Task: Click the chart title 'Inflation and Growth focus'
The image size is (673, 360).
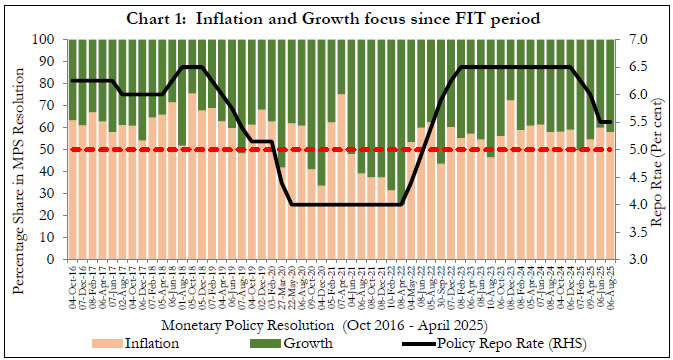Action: (336, 18)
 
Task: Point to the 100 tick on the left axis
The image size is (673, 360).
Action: (47, 39)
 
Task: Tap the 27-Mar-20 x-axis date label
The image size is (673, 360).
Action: (282, 284)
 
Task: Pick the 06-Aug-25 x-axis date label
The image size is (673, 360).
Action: (609, 284)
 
